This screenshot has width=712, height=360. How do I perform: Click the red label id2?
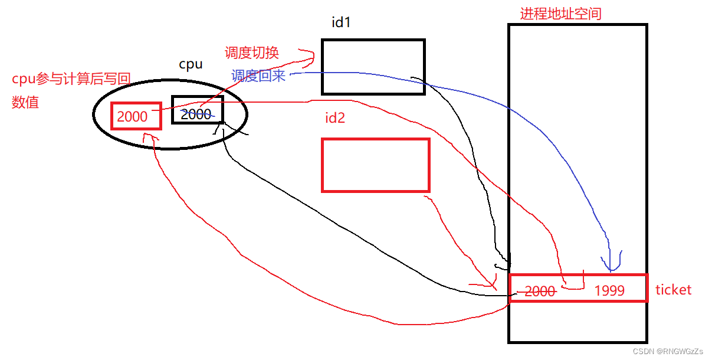(334, 117)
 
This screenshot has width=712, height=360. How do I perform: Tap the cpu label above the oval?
(191, 64)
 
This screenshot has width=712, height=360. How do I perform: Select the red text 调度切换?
(251, 53)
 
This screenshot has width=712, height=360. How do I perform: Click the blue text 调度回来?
(258, 76)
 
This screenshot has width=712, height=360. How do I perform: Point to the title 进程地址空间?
(560, 14)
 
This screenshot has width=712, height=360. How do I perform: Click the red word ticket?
(673, 290)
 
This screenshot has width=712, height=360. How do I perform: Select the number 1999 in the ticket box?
(609, 290)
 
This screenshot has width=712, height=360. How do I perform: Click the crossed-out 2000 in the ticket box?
(540, 290)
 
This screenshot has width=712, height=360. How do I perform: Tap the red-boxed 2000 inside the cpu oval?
(133, 116)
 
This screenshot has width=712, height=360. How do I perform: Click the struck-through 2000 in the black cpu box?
(196, 114)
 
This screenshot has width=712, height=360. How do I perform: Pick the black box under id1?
(373, 67)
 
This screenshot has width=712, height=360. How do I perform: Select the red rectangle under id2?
(375, 165)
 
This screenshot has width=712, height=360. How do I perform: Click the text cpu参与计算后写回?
(71, 80)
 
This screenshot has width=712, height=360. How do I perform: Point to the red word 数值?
(25, 102)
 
